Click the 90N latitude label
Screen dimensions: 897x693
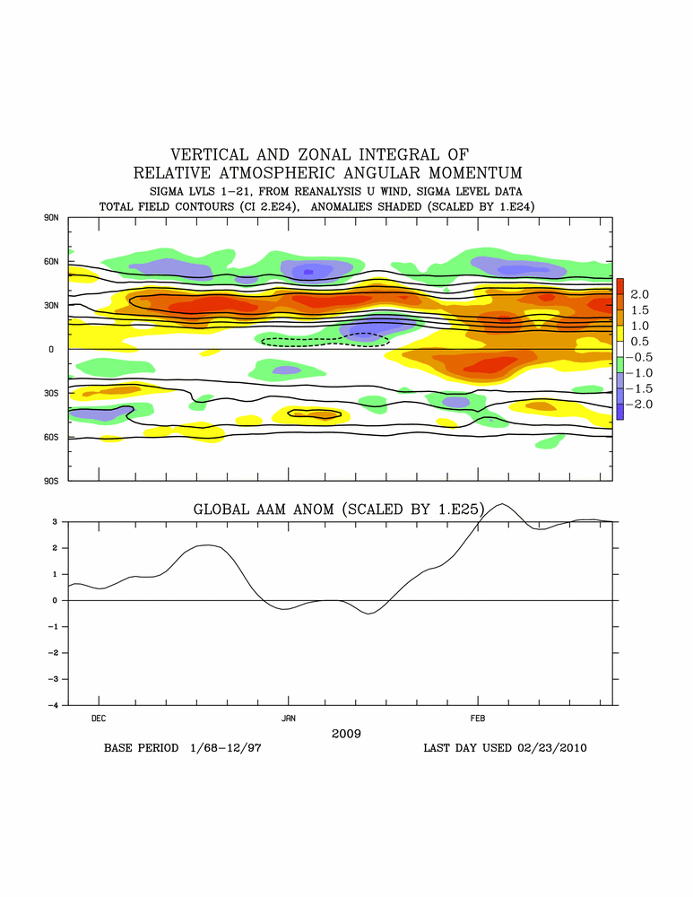click(50, 218)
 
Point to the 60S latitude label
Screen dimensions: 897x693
click(50, 437)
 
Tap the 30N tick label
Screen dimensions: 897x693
click(50, 306)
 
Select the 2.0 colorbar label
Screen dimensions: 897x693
click(640, 294)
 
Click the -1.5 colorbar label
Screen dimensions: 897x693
click(637, 388)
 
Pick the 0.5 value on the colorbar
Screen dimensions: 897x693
click(640, 342)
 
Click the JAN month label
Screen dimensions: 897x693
click(289, 718)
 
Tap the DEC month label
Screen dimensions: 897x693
click(99, 718)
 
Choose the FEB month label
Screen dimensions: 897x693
click(478, 718)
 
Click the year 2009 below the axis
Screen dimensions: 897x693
click(346, 734)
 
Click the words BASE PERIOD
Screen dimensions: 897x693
click(141, 747)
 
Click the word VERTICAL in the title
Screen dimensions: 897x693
click(212, 154)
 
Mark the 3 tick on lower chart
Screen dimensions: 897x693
click(56, 521)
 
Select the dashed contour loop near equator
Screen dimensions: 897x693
click(325, 340)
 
